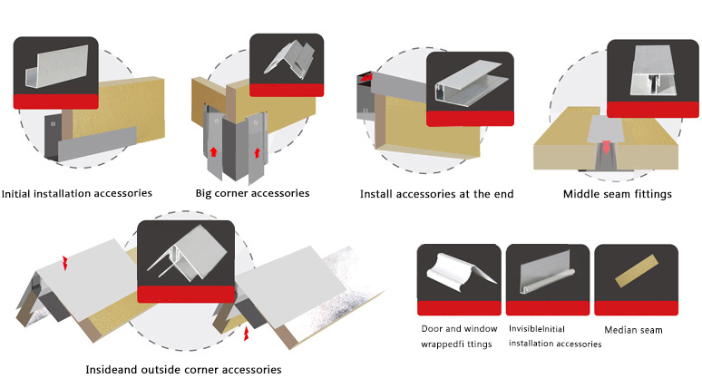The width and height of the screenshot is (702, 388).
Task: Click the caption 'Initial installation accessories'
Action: [x=76, y=193]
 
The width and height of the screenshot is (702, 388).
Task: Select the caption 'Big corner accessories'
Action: [x=252, y=193]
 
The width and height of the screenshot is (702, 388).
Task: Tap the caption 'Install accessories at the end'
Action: [x=436, y=194]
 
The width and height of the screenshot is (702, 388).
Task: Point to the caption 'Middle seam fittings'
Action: [x=617, y=194]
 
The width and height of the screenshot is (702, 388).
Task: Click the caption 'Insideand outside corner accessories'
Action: [x=183, y=370]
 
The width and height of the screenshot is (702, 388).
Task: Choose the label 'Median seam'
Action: [x=633, y=330]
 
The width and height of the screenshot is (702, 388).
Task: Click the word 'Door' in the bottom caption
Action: [x=432, y=329]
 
